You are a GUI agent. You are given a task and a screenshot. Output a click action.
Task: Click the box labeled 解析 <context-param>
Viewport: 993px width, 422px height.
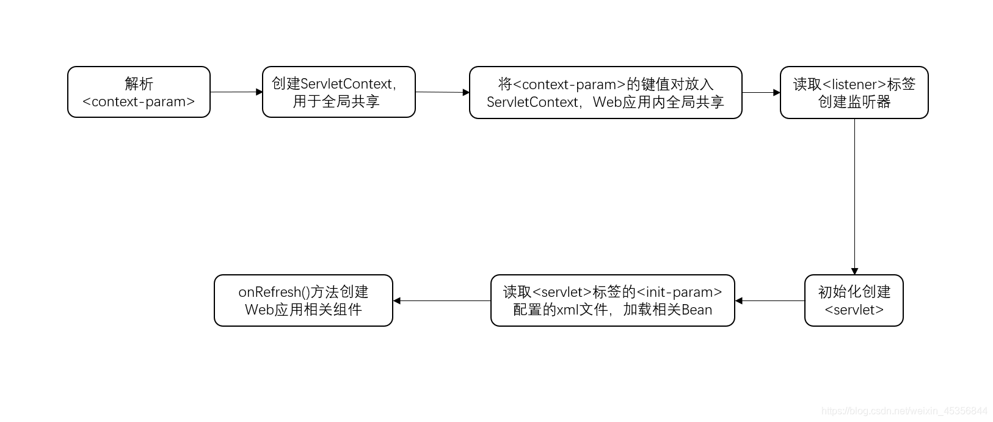click(139, 92)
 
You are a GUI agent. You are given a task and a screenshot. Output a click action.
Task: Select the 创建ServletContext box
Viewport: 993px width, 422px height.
click(338, 92)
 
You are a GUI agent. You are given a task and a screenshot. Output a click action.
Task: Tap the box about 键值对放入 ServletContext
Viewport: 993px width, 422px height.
click(605, 93)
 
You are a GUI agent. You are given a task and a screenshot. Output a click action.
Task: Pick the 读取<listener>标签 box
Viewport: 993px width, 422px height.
click(854, 93)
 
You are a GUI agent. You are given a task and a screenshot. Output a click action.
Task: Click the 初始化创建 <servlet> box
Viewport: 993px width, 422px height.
click(854, 300)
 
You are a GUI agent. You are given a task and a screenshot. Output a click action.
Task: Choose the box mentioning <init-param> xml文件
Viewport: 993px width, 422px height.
click(613, 300)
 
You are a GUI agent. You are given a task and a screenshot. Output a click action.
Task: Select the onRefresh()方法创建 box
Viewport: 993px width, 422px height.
click(303, 300)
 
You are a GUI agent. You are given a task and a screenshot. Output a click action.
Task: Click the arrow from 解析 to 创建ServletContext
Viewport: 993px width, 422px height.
click(236, 92)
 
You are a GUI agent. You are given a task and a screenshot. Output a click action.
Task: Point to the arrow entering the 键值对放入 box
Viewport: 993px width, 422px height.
click(442, 92)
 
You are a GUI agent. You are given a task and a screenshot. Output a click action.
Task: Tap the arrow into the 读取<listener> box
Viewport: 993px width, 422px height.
click(761, 93)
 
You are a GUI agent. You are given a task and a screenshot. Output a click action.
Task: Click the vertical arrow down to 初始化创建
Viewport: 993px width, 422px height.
click(854, 195)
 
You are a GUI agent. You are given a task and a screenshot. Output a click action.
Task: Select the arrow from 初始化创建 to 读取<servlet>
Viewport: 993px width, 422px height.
click(769, 300)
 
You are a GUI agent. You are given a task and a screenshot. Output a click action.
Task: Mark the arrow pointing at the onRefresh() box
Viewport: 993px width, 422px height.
click(442, 300)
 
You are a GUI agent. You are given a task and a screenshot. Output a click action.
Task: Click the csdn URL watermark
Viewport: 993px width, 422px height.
click(904, 411)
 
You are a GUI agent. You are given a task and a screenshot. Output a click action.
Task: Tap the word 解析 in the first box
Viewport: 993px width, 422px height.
click(139, 84)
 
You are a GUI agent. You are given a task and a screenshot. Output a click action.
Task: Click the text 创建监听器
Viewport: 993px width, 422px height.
click(854, 102)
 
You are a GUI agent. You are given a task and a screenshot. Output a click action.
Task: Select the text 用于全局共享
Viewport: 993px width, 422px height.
click(336, 101)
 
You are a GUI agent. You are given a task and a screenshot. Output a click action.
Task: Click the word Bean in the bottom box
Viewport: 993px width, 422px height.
click(697, 310)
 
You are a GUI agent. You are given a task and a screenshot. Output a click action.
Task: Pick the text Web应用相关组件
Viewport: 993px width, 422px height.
click(303, 310)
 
